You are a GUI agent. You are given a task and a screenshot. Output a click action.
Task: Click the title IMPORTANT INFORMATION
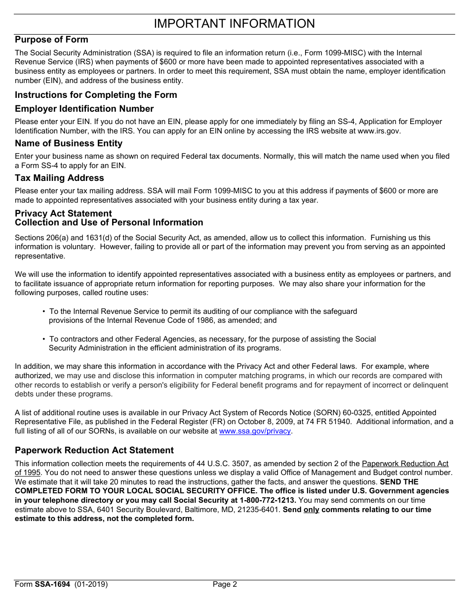234,24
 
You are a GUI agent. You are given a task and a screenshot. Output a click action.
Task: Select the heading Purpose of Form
51,40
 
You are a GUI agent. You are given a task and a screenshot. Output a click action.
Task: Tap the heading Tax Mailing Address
59,178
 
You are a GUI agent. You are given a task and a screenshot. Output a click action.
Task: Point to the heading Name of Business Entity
69,143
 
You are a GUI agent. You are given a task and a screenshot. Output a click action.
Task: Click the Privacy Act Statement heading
63,214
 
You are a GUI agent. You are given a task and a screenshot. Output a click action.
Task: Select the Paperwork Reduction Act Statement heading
94,450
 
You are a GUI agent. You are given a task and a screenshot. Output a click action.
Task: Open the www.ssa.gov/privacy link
255,431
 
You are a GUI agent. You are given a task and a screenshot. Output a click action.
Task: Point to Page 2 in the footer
225,584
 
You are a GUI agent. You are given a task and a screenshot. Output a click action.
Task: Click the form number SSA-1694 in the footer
52,584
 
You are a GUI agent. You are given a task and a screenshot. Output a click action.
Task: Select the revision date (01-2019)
91,584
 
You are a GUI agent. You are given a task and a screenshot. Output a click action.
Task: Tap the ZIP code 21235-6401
259,510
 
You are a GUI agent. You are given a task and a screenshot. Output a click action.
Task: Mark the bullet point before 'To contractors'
44,339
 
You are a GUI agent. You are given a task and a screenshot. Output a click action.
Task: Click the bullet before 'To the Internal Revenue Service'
44,311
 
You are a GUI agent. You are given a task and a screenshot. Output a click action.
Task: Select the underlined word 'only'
311,510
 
